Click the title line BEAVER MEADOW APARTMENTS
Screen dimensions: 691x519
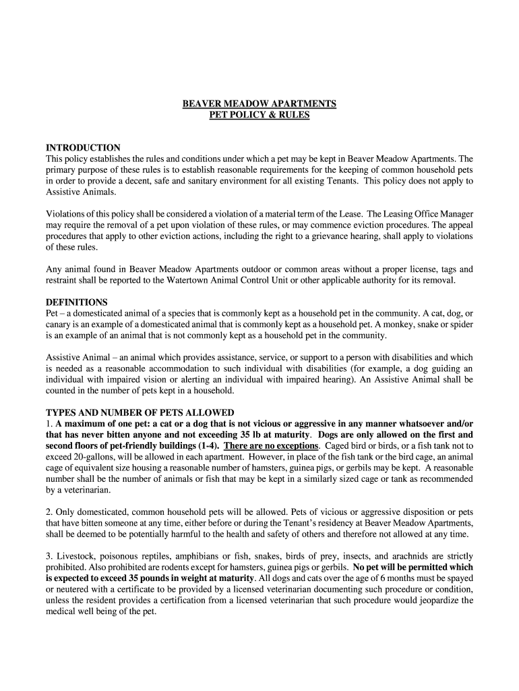(x=259, y=103)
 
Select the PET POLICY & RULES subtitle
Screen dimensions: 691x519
(x=259, y=115)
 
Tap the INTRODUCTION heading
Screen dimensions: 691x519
(x=83, y=148)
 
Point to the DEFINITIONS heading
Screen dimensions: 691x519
(x=76, y=302)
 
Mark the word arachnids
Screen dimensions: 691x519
(x=410, y=556)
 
